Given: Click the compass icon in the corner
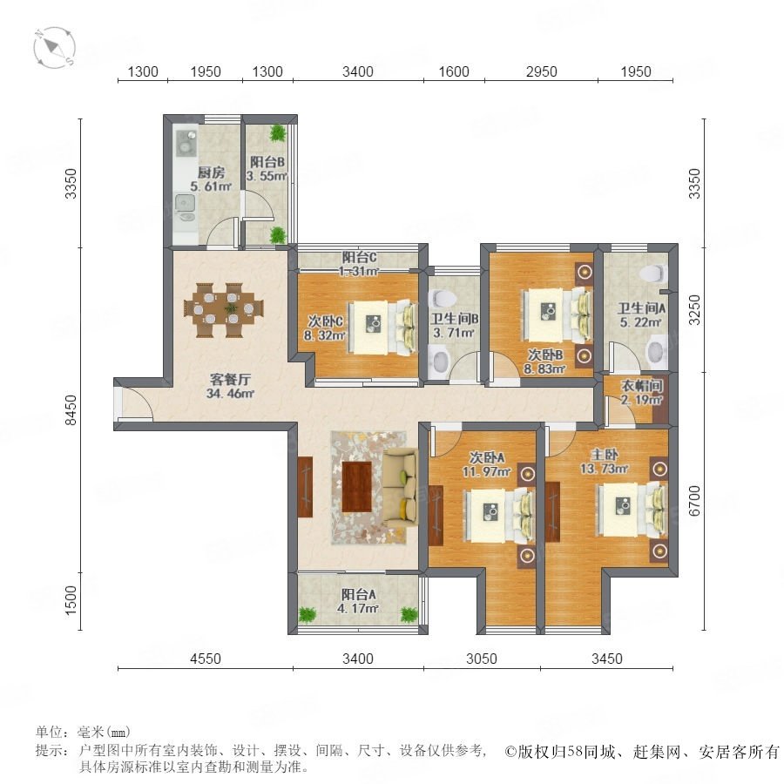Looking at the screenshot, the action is tap(55, 48).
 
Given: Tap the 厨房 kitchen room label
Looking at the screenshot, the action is tap(211, 173).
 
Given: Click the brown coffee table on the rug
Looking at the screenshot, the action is tap(356, 486).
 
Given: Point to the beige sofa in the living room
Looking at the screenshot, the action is tap(401, 488).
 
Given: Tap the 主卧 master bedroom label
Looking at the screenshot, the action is tap(604, 455).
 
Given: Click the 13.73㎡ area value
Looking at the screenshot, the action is tap(604, 469).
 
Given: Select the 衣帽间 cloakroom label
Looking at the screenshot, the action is tap(642, 386).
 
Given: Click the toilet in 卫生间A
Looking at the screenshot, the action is tap(652, 274).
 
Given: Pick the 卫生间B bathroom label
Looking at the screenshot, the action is tap(455, 319).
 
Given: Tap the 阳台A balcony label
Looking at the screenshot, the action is tap(359, 594).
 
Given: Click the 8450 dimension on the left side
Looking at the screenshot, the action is tap(71, 410).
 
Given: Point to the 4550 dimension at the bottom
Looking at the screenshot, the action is tap(206, 659).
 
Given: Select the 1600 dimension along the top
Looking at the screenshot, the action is tap(454, 71).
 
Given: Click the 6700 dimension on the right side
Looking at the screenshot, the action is tap(694, 501).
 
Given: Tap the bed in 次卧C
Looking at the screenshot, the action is tap(383, 327).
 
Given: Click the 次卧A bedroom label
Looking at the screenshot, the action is tap(486, 457).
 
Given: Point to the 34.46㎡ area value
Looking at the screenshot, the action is tap(231, 394).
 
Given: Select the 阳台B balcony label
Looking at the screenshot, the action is tap(267, 162).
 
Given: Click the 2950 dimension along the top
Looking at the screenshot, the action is tap(541, 71).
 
